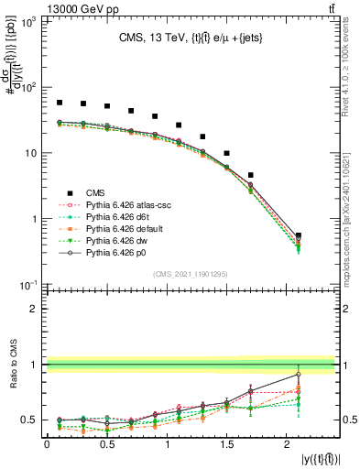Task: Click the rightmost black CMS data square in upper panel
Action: [299, 236]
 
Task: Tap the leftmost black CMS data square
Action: [59, 103]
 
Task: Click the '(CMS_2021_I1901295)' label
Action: [190, 274]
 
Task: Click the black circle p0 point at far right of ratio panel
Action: [299, 374]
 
